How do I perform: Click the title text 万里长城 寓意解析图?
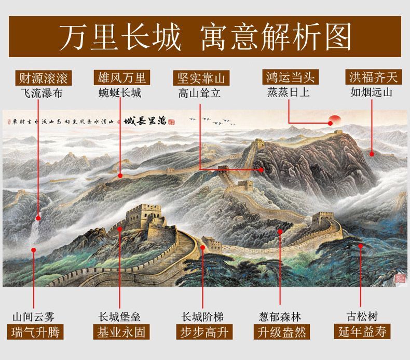[205, 36]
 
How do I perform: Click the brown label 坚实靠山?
[201, 78]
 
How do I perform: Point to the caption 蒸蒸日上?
[289, 94]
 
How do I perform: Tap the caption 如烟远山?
[372, 94]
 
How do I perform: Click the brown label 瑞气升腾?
[35, 332]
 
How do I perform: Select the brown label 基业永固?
[121, 332]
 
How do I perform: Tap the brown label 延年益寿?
[362, 332]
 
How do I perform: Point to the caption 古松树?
[362, 316]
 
